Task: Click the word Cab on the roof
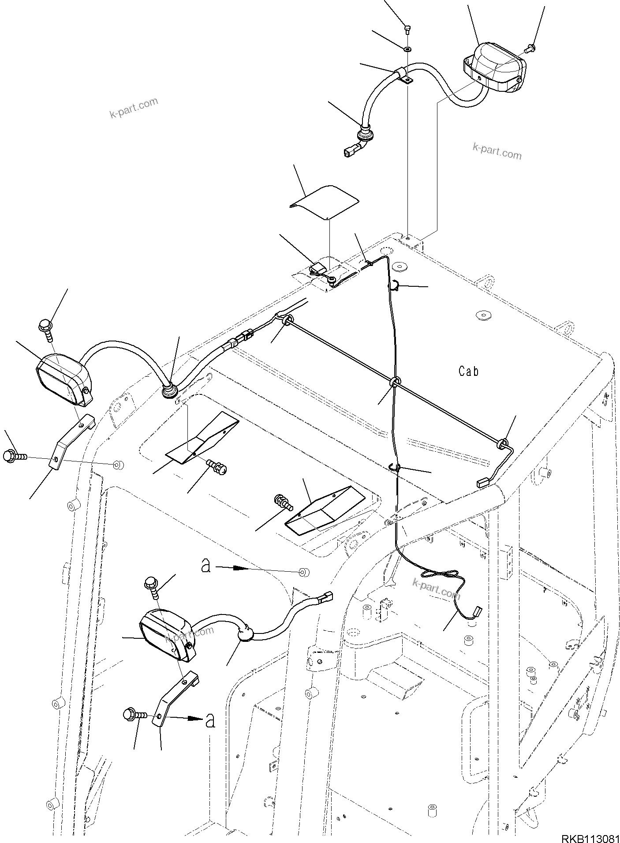(x=468, y=371)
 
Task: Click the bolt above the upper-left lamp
(x=46, y=331)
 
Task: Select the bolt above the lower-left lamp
(x=151, y=587)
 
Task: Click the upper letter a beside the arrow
(x=206, y=566)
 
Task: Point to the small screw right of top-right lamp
(x=530, y=45)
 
